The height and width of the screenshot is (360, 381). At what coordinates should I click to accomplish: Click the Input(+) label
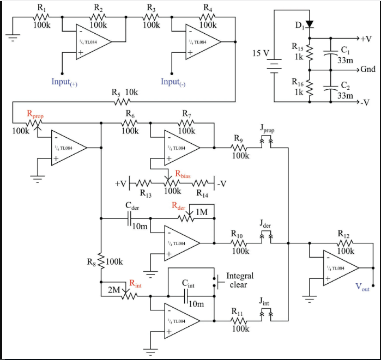point(65,82)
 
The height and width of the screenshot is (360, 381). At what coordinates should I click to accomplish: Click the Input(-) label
point(174,82)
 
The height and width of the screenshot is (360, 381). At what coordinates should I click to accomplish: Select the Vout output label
point(362,288)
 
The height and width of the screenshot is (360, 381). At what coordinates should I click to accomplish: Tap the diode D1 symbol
point(309,24)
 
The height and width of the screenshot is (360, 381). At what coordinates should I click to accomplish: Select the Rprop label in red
point(35,114)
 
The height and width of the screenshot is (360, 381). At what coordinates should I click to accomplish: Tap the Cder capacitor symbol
point(129,219)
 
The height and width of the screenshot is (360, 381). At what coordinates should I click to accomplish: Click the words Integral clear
point(240,280)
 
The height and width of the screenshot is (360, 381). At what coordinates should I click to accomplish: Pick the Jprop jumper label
point(267,130)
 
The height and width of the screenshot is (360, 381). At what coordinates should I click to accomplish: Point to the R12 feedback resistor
point(344,242)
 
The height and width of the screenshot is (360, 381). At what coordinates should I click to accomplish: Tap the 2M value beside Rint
point(113,290)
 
